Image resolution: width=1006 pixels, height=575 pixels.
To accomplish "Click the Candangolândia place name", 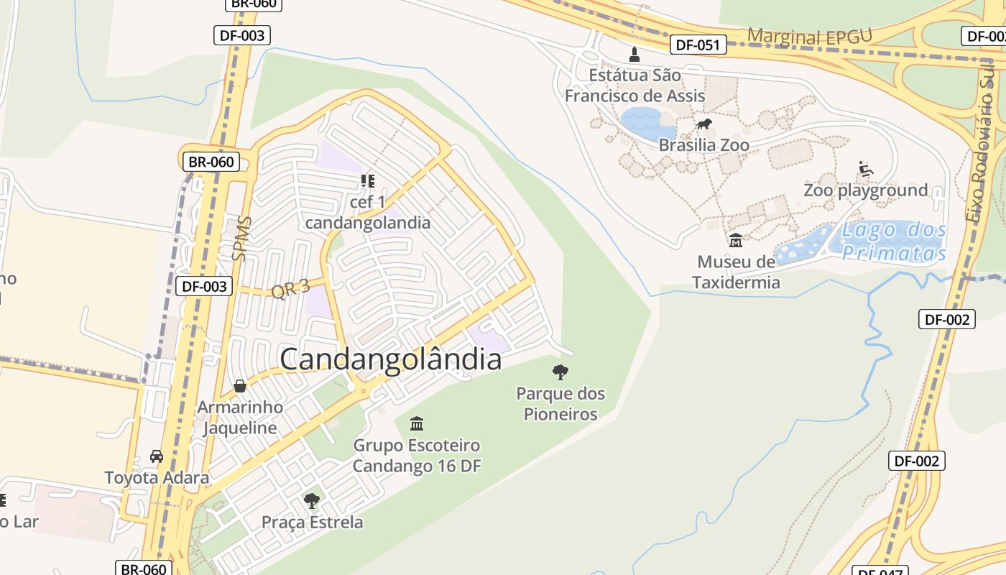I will point(390,359).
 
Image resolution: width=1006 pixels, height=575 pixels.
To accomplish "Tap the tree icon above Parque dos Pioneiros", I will point(560,372).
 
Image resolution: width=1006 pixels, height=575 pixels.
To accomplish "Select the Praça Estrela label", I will point(313,522).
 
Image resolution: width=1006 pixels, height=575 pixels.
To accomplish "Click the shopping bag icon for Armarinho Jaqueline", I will point(240,387).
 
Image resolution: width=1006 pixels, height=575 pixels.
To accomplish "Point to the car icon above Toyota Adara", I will point(157,456).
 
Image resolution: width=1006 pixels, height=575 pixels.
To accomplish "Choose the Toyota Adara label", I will point(157,477).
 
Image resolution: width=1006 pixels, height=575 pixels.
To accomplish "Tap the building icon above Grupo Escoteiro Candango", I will point(416,423).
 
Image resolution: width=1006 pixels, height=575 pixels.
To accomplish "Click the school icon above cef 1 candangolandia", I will point(368,180).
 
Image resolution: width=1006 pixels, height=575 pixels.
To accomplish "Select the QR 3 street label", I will point(290,289).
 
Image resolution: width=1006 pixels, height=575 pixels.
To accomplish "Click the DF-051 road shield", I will point(698,45).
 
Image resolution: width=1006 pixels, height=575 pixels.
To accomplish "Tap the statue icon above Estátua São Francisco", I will point(634,53).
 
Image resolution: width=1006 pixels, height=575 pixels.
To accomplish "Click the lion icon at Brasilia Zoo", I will point(703,124).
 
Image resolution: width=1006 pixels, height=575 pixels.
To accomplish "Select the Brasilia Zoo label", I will point(703,145).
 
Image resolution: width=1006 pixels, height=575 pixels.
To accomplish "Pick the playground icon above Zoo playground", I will point(866,170).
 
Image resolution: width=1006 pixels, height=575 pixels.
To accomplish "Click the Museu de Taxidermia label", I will point(736,272).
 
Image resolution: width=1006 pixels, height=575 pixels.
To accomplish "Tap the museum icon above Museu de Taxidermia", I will point(735,240).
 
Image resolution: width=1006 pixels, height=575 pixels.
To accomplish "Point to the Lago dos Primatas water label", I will point(894,241).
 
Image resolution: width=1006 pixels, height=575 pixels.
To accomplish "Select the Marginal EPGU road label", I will point(810,37).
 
